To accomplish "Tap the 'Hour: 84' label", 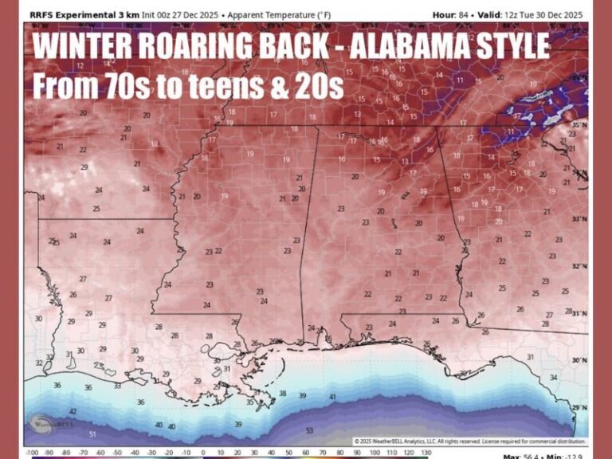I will [453, 15].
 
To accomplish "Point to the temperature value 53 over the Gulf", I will [309, 430].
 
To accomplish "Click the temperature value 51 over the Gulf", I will [92, 434].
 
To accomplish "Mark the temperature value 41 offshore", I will [332, 396].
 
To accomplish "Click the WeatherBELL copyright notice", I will [469, 441].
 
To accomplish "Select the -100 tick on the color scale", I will [33, 454].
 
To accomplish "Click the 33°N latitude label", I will [580, 219].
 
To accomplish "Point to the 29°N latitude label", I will [580, 407].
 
